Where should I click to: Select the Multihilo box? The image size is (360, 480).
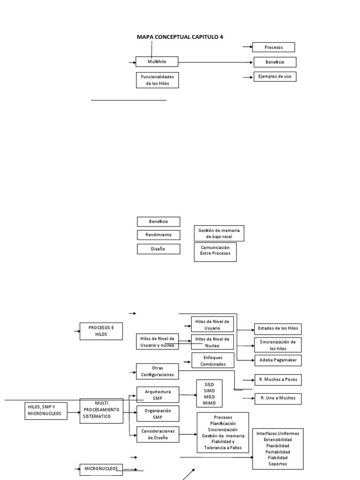157,61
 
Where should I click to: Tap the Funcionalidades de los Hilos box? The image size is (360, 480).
157,80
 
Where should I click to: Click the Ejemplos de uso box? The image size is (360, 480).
275,76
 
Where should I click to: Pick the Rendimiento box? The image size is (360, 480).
158,235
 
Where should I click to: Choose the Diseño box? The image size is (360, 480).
158,249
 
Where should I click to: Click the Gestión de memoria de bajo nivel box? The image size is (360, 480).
219,233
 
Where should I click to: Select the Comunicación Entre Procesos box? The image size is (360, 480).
215,252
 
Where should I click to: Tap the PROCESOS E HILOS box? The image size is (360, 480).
101,331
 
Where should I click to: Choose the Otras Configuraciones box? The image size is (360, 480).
157,371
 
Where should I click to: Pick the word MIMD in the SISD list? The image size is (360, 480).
209,403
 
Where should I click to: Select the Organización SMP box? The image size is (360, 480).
157,413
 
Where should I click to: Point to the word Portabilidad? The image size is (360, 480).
277,452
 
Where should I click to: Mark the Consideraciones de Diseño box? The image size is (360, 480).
157,435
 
